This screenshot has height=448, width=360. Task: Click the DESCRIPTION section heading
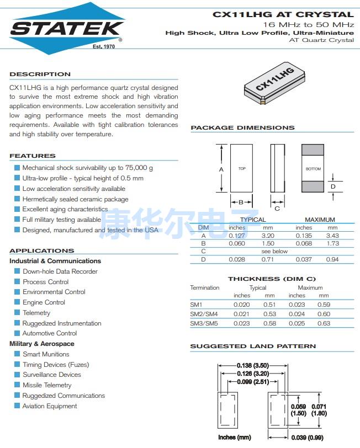click(x=40, y=74)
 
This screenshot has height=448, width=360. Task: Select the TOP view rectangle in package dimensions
click(x=242, y=168)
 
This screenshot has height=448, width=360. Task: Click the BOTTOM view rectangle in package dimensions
click(x=313, y=168)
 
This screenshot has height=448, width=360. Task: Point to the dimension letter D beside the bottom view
click(x=333, y=186)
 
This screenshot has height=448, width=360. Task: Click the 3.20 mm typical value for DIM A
click(x=268, y=236)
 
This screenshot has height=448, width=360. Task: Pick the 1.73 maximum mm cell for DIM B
click(x=332, y=243)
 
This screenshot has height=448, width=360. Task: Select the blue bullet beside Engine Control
click(x=17, y=302)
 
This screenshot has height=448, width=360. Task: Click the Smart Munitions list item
click(x=46, y=354)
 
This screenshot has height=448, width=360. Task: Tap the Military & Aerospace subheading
click(x=41, y=344)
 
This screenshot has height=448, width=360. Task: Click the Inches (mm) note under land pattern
click(x=235, y=438)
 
